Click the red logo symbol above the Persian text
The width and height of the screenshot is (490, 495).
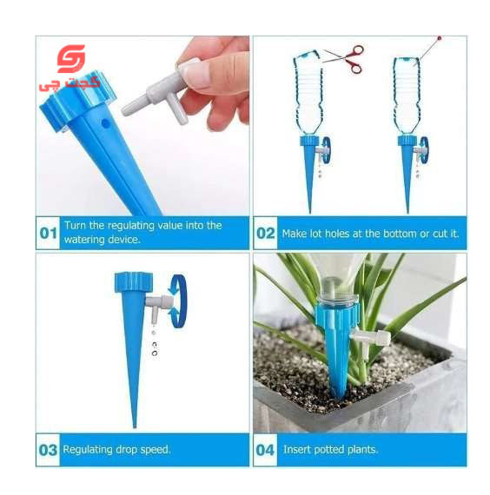click(x=70, y=59)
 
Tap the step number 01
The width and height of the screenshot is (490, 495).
click(x=49, y=234)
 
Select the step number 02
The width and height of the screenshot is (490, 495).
click(x=265, y=234)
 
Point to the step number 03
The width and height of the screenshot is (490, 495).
click(x=48, y=450)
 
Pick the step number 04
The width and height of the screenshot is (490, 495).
click(x=265, y=450)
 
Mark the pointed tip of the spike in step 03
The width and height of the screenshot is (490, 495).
click(x=135, y=426)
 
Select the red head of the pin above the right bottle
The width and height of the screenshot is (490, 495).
click(x=439, y=38)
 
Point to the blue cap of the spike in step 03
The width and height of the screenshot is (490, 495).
click(x=134, y=281)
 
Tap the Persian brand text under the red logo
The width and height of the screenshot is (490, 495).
click(x=70, y=83)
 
